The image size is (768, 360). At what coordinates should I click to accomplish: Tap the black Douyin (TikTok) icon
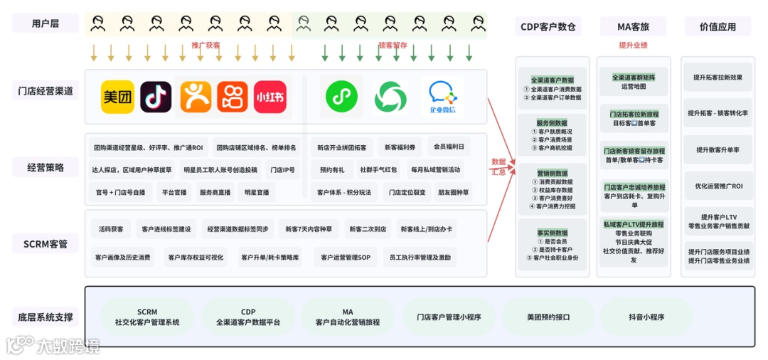pos(156,97)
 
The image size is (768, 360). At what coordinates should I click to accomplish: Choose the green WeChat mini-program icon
pos(342,97)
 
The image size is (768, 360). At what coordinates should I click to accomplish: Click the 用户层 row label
pos(46,23)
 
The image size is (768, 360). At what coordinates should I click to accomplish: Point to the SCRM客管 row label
pos(46,244)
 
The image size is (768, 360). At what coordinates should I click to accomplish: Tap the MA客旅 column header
pos(633,27)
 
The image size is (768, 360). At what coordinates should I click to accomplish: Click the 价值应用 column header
pos(718,27)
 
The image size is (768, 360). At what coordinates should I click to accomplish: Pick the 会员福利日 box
pos(449,147)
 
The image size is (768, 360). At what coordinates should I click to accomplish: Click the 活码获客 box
pos(111,229)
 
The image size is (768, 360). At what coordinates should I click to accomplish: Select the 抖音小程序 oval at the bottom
pos(646,317)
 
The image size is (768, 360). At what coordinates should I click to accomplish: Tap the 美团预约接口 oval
pos(548,317)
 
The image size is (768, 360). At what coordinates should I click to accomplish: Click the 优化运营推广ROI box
pos(718,186)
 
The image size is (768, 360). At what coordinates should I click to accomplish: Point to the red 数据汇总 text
pos(498,166)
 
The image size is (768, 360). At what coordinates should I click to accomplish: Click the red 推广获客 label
pos(206,46)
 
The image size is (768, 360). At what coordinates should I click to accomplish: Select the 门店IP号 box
pos(282,170)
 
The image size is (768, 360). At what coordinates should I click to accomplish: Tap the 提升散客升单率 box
pos(718,150)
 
